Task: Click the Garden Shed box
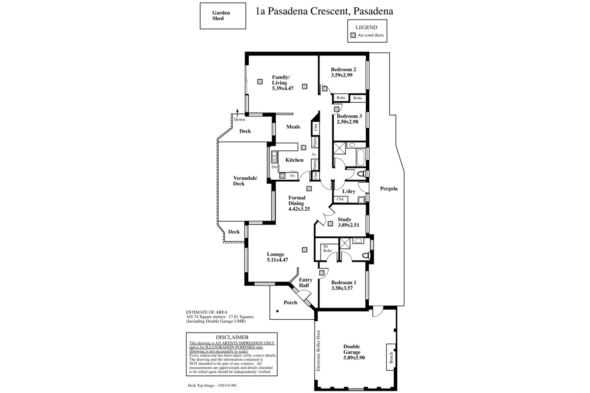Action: coord(223,16)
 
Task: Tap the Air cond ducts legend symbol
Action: coord(353,35)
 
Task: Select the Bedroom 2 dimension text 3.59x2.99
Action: coord(342,75)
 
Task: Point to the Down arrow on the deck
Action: coord(237,112)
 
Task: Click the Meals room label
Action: coord(293,127)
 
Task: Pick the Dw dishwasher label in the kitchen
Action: coord(274,167)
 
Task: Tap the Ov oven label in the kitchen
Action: coord(293,175)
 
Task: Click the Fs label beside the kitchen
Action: coord(314,155)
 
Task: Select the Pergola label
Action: coord(389,189)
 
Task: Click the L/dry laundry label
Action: coord(349,192)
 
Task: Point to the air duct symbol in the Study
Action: coord(330,224)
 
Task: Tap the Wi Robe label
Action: coord(327,249)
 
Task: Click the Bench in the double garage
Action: coord(391,357)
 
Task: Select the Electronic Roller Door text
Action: coord(318,351)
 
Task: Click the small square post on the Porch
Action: coord(277,311)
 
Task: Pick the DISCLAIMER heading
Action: coord(232,337)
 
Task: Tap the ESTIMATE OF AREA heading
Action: coord(207,312)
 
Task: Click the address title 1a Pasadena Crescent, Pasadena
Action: coord(324,11)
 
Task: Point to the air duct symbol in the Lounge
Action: coord(304,250)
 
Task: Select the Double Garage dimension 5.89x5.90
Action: coord(354,358)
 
